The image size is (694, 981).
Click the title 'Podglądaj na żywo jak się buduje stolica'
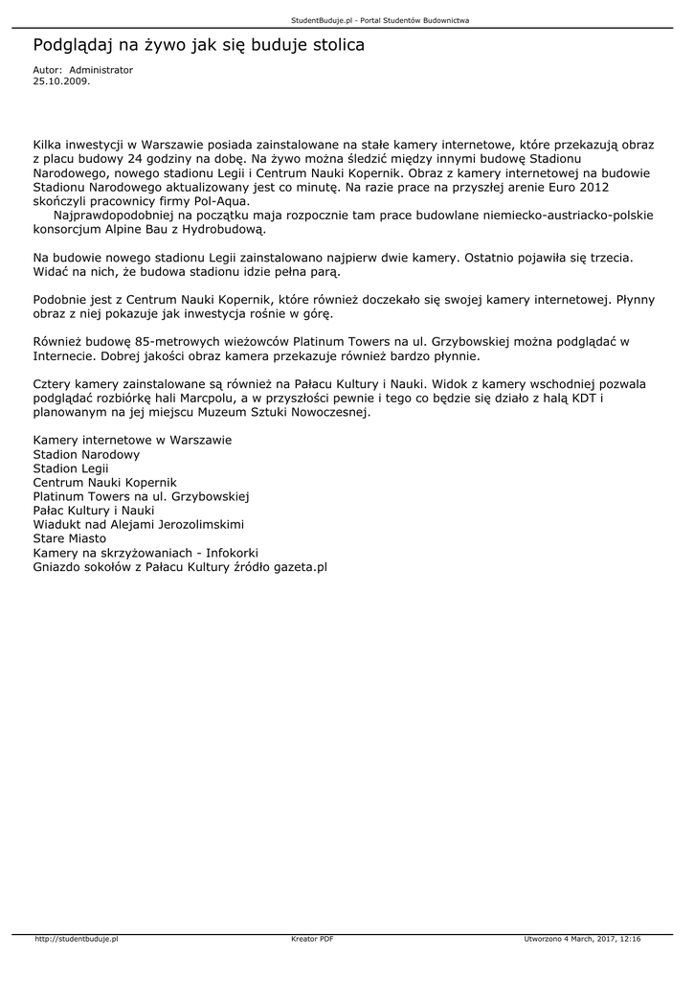click(x=198, y=45)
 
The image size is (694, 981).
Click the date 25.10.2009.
click(x=61, y=81)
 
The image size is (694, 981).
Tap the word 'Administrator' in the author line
click(x=101, y=70)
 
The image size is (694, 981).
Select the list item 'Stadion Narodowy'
click(x=86, y=454)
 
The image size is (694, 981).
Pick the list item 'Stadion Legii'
click(x=71, y=468)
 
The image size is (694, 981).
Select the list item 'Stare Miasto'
click(x=70, y=538)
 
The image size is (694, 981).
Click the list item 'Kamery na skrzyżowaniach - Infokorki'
click(x=146, y=553)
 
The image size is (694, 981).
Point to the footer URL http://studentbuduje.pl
click(x=76, y=940)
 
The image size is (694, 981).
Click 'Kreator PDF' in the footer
click(x=312, y=940)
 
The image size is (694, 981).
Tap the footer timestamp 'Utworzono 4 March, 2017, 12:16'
click(x=582, y=940)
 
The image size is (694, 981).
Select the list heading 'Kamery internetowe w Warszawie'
click(x=132, y=440)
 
